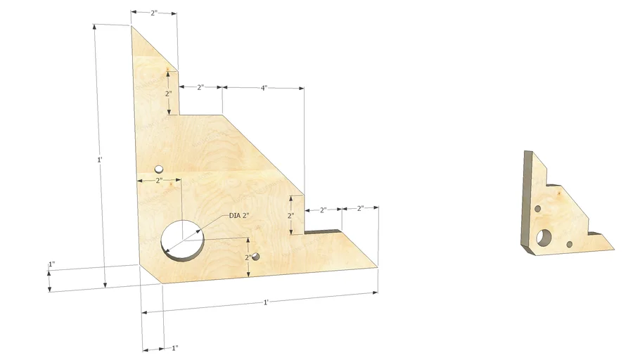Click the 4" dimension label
pos(263,88)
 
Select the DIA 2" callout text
pos(240,216)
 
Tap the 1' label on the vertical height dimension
pos(99,160)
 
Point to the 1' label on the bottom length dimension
pos(265,302)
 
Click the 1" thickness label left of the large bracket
pos(51,265)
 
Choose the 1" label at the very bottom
pos(174,347)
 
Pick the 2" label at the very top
pos(154,13)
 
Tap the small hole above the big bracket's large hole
pos(159,169)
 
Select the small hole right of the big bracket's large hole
pos(256,257)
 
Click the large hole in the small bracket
pos(544,238)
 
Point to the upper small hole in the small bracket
pos(538,209)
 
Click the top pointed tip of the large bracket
pos(132,26)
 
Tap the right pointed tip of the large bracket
pos(378,266)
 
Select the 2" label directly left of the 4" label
pos(200,88)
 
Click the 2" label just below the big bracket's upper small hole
pos(159,181)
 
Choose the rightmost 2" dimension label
pos(360,208)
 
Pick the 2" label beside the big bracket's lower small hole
pos(248,257)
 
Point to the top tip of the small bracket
pos(527,150)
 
